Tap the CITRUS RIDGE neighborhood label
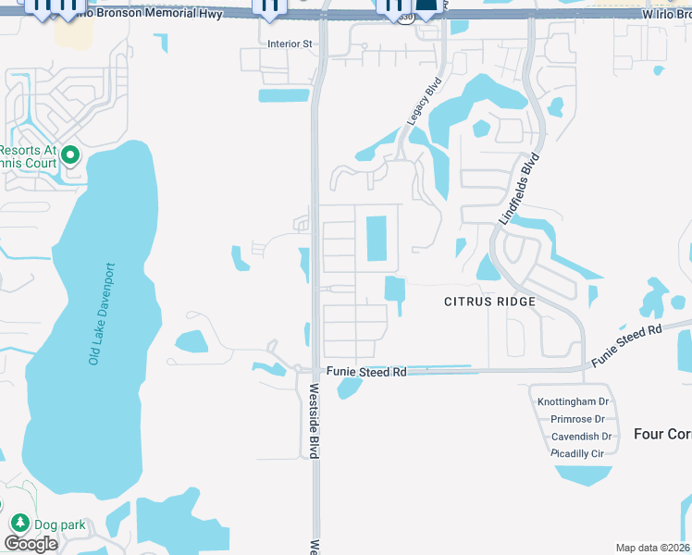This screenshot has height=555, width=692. click(x=489, y=302)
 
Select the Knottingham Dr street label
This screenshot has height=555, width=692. click(x=574, y=401)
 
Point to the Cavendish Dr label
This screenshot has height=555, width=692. click(x=581, y=437)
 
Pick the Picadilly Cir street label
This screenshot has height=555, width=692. click(x=576, y=453)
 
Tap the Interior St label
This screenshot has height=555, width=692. click(x=290, y=43)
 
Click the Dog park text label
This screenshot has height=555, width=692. click(x=59, y=524)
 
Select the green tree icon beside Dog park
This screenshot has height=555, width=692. click(x=18, y=524)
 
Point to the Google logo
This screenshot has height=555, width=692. click(x=31, y=544)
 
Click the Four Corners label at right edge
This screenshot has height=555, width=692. click(x=662, y=433)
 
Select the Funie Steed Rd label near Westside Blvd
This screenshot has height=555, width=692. click(x=366, y=372)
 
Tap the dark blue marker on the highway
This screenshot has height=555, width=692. click(x=425, y=7)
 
